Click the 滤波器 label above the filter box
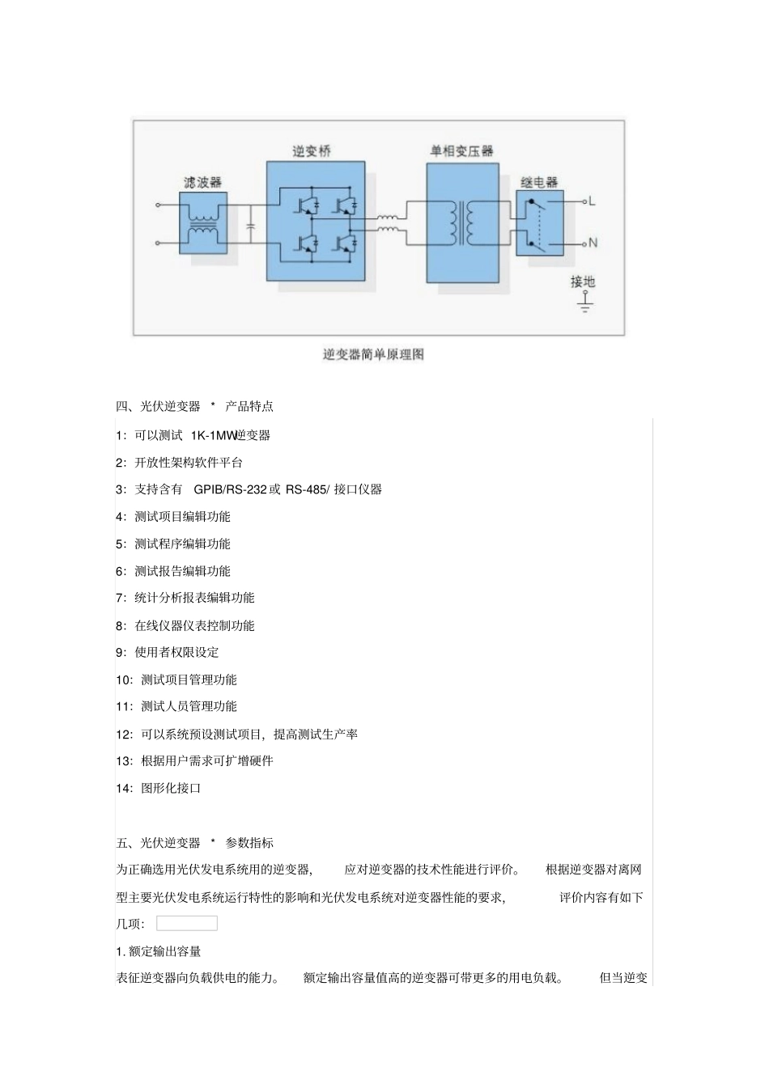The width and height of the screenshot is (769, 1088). point(202,182)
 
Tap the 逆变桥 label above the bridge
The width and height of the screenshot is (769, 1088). point(312,151)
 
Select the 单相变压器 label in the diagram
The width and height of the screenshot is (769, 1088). point(461,151)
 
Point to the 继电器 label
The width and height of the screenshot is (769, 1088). point(539,182)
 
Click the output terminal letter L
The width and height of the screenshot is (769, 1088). point(592,201)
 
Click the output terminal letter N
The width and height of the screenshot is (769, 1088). point(593,243)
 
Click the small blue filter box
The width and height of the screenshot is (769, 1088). point(202,227)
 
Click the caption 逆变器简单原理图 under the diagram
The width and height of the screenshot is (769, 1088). point(373,354)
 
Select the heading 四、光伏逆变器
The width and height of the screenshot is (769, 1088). point(158,406)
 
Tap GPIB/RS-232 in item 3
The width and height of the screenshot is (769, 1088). point(230,489)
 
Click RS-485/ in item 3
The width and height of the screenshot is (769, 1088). point(308,489)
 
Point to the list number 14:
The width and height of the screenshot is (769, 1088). point(125,788)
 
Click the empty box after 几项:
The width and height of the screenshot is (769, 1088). point(187,923)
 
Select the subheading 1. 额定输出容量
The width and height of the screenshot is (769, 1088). point(159,951)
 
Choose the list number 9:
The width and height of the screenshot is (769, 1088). point(121,653)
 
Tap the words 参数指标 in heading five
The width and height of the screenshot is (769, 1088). point(249,843)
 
